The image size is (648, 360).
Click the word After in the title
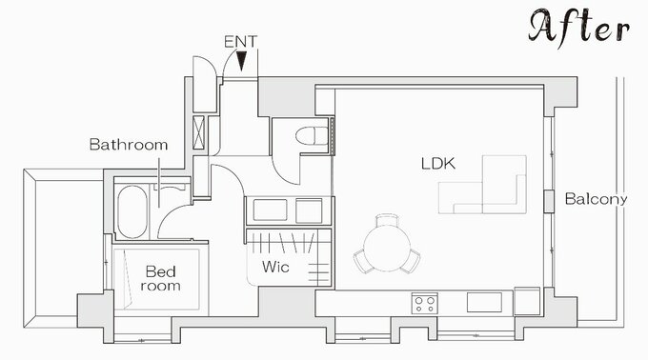[x=578, y=27]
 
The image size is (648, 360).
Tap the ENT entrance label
[x=240, y=42]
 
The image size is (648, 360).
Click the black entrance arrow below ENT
[x=241, y=60]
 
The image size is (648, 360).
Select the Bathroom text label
[x=129, y=145]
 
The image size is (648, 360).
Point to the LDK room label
[x=438, y=164]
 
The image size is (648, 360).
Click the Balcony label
[x=596, y=199]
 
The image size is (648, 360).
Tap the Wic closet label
[x=275, y=267]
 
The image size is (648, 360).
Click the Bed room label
[x=160, y=279]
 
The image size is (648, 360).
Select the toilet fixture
[x=312, y=136]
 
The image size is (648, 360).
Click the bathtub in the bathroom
[x=132, y=211]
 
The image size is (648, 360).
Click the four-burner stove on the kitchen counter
[x=424, y=304]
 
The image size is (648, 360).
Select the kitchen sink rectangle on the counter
[x=484, y=303]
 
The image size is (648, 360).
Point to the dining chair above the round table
[x=387, y=220]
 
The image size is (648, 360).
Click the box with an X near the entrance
[x=198, y=132]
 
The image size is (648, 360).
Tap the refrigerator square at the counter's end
[x=527, y=301]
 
